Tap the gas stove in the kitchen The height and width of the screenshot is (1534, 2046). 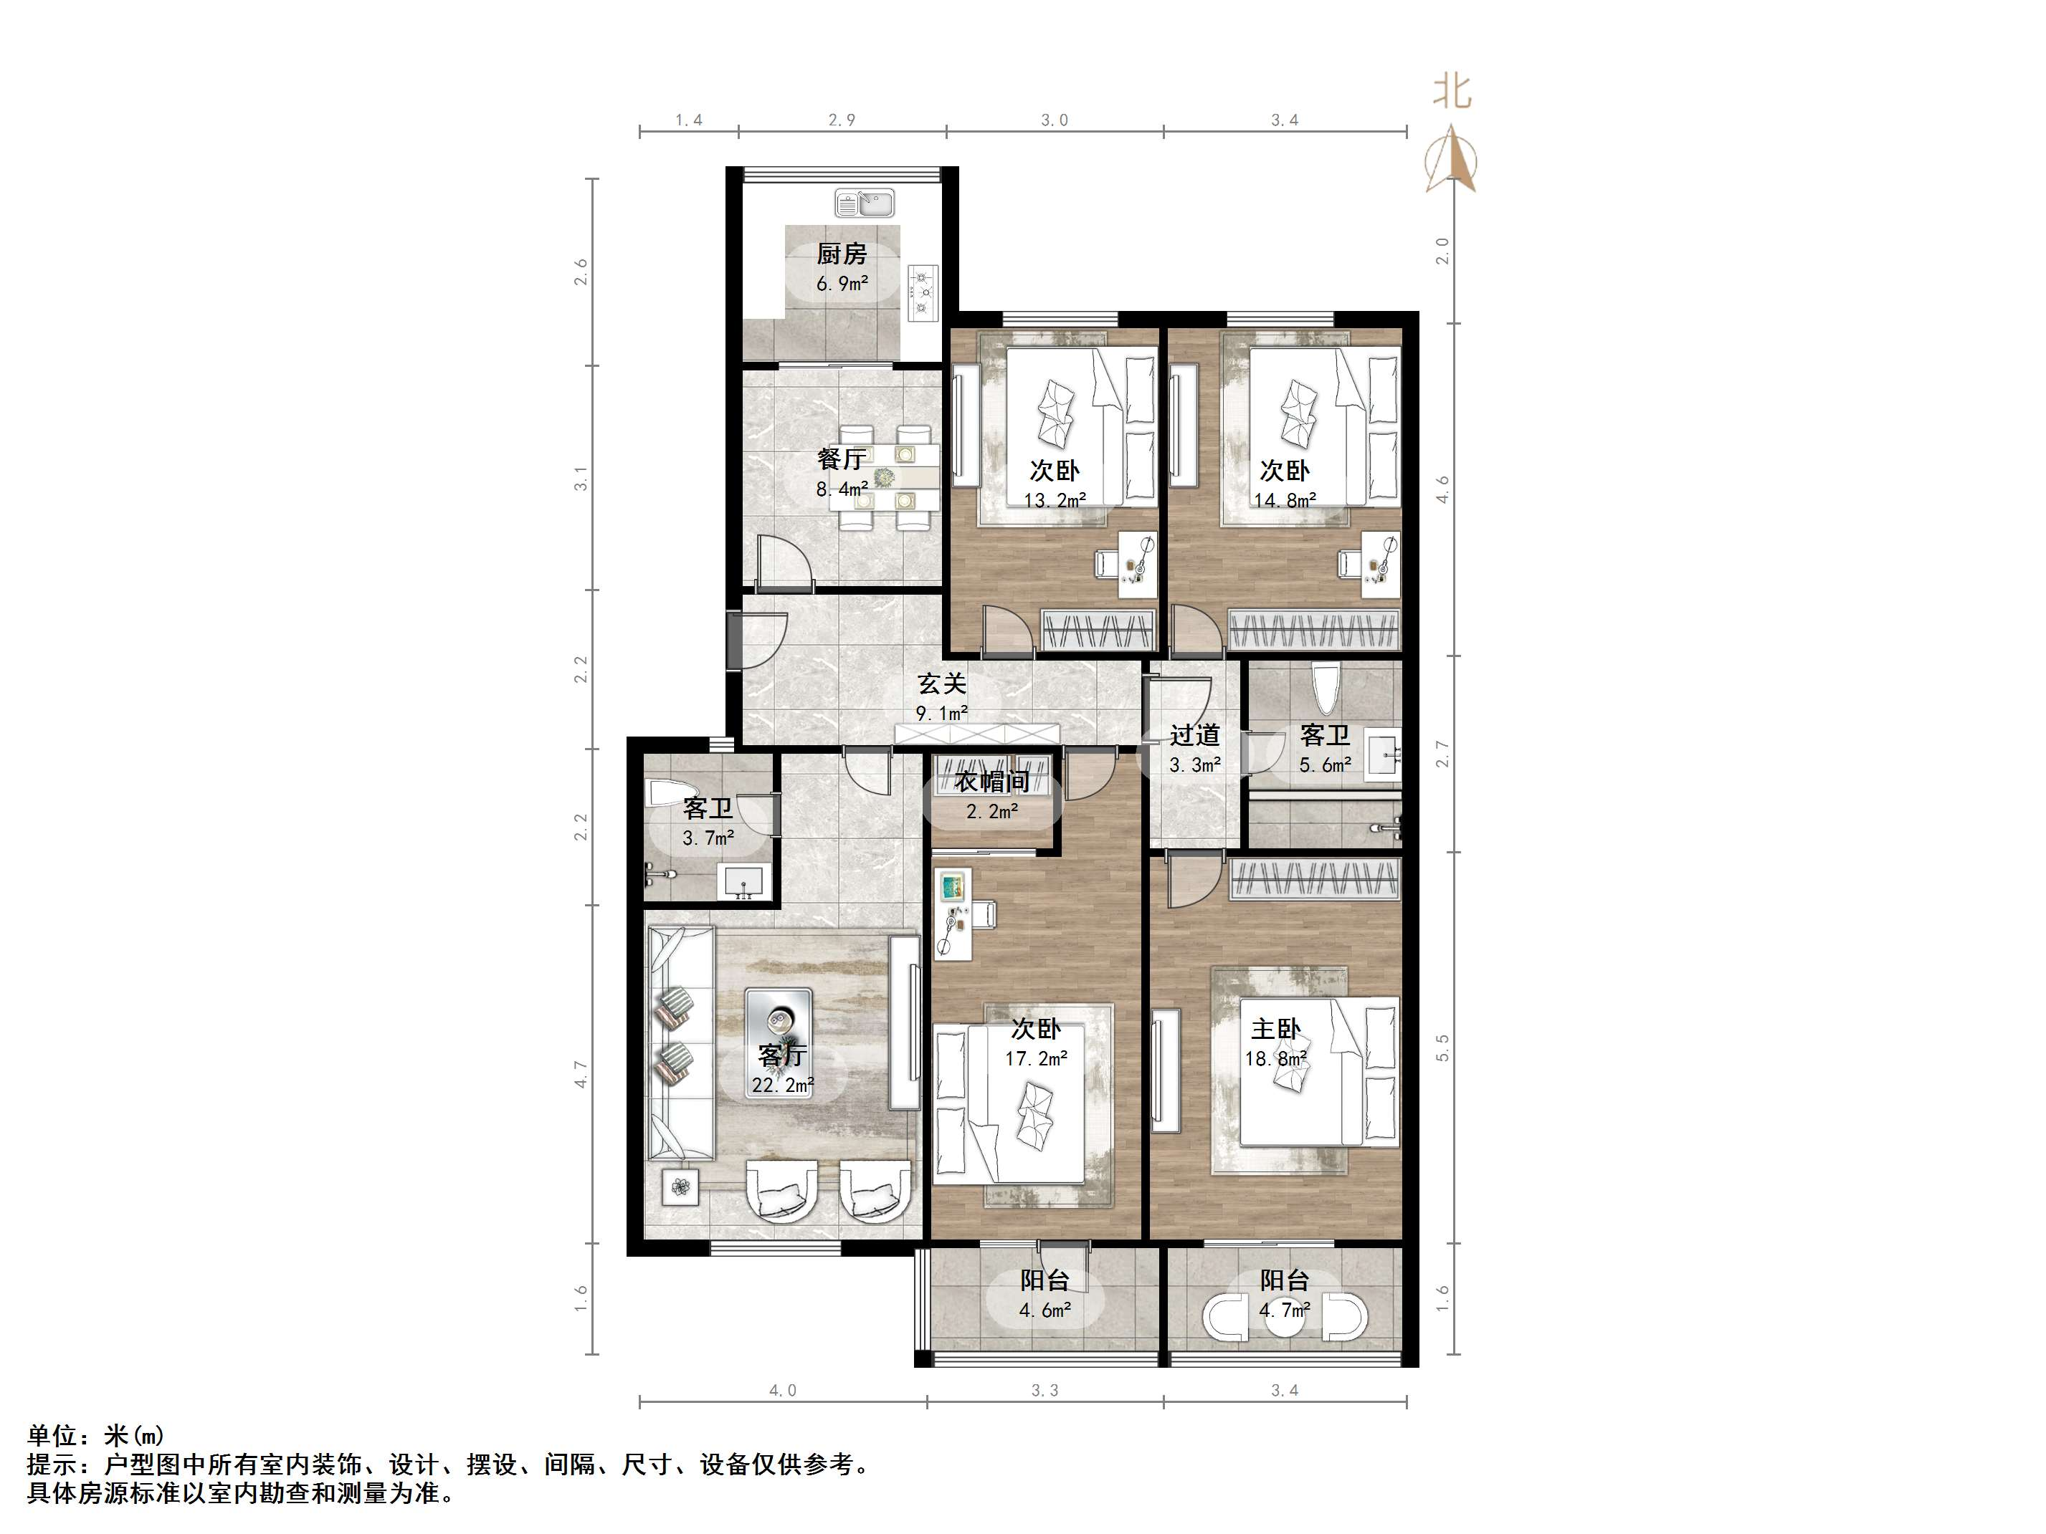tap(923, 292)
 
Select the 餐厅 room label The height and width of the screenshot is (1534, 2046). tap(842, 459)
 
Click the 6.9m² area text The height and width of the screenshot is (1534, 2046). tap(842, 284)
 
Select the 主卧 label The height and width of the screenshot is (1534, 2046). tap(1277, 1029)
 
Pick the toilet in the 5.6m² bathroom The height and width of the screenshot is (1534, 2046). tap(1326, 691)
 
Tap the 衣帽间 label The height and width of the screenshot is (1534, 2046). tap(992, 782)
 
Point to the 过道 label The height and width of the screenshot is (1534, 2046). tap(1195, 735)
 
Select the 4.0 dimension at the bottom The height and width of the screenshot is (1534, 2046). tap(783, 1390)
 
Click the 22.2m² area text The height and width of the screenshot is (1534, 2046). tap(784, 1085)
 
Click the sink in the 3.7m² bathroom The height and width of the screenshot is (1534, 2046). tap(742, 881)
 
